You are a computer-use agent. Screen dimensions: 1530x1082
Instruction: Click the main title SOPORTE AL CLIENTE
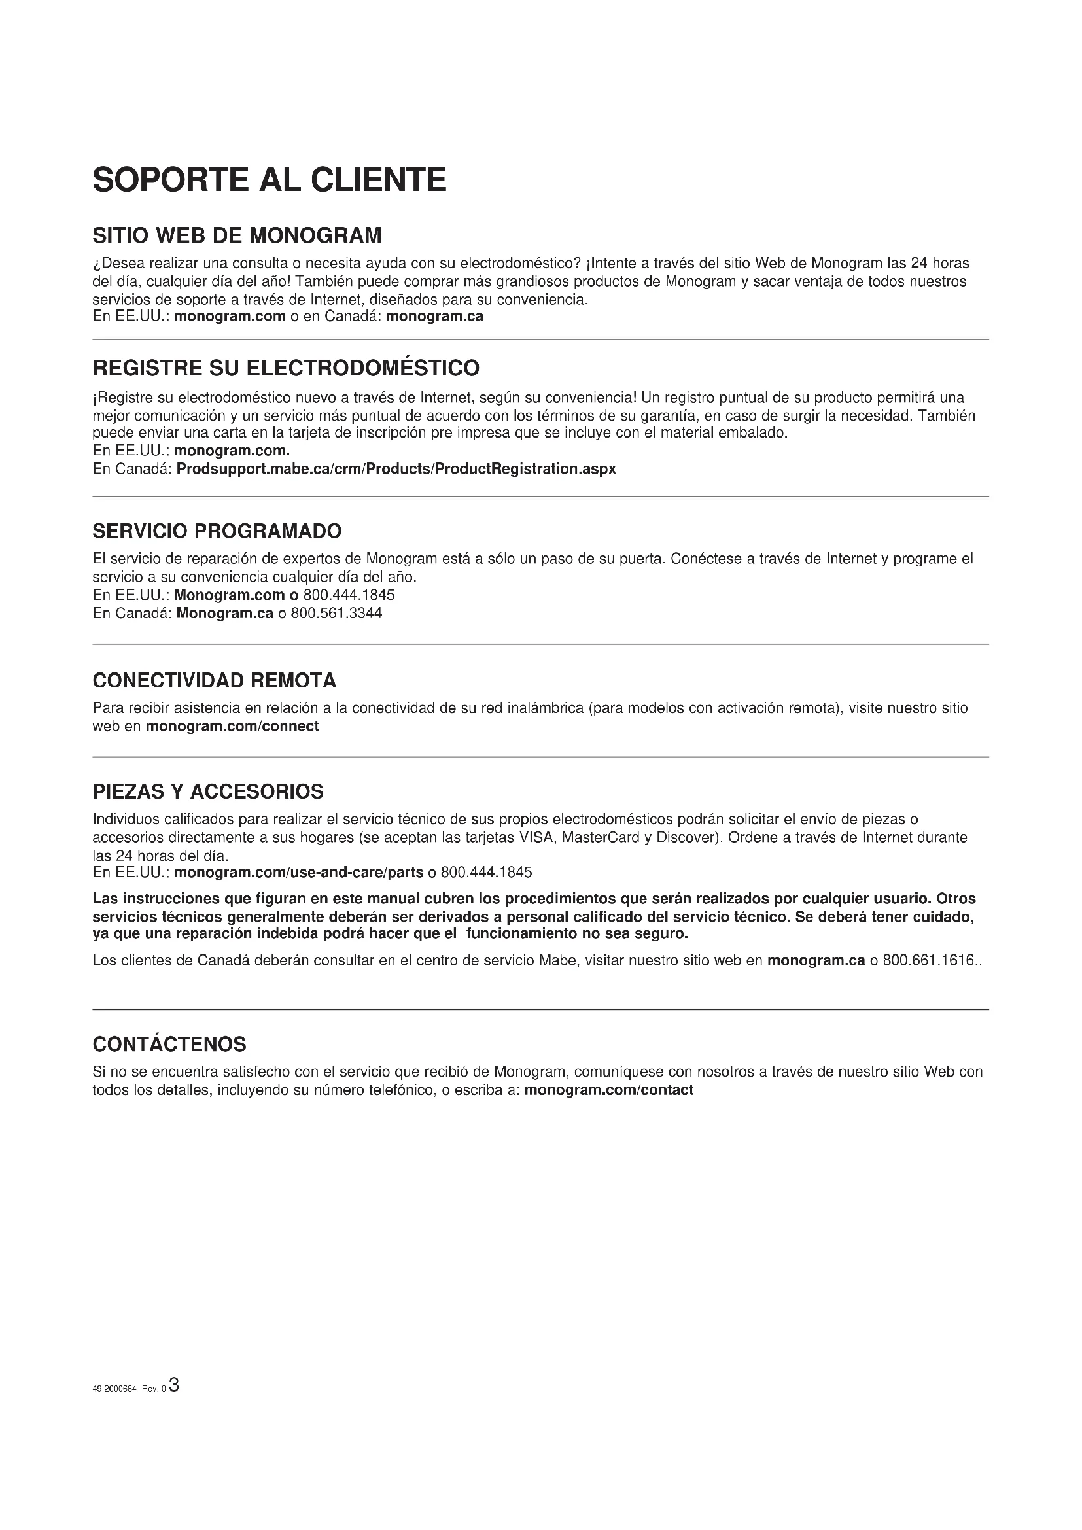[269, 180]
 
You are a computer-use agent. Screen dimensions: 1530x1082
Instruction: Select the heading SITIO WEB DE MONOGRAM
[237, 235]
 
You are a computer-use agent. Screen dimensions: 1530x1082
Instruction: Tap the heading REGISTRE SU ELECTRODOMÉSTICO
[286, 368]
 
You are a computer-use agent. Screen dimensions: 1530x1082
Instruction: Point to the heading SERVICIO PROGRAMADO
[217, 531]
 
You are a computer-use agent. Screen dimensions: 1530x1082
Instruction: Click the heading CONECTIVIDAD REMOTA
[215, 680]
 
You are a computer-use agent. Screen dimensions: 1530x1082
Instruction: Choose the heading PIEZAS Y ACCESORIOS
[208, 791]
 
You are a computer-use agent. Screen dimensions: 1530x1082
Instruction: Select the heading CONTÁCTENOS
[169, 1043]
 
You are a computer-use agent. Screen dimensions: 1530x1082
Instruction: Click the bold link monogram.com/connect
[232, 726]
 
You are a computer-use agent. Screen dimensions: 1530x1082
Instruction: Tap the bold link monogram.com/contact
[609, 1090]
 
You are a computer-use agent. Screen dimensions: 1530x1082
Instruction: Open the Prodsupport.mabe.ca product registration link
[396, 468]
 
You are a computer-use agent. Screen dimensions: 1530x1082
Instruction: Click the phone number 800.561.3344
[336, 613]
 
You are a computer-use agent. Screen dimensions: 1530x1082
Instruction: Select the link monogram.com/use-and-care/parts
[298, 873]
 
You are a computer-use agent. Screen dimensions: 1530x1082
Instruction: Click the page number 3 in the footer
[174, 1385]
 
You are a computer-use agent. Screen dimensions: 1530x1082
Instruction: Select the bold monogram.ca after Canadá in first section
[434, 316]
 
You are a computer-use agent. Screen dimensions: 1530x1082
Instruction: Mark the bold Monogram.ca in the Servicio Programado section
[224, 613]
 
